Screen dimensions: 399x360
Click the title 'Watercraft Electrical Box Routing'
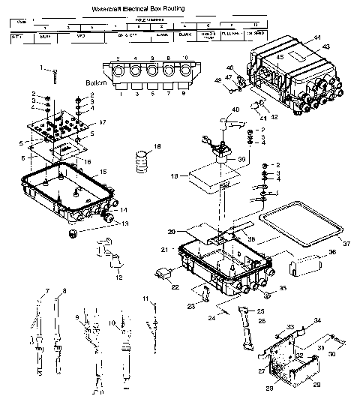click(x=139, y=8)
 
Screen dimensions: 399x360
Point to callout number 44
click(x=316, y=37)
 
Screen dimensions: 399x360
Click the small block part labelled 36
click(x=301, y=265)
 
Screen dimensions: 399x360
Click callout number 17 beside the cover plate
click(x=103, y=121)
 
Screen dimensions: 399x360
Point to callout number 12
click(x=118, y=277)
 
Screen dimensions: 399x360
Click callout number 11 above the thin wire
click(x=144, y=299)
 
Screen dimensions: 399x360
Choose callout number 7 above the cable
click(x=46, y=289)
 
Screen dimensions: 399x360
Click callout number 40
click(x=235, y=110)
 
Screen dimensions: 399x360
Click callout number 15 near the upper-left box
click(x=103, y=172)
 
